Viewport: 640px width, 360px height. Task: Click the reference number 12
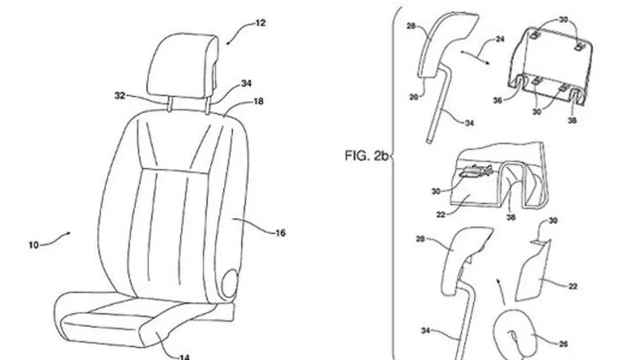[x=259, y=23]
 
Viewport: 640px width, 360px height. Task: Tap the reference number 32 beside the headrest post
[x=120, y=95]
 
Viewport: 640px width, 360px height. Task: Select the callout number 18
[x=258, y=101]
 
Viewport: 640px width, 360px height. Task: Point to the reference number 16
[x=280, y=233]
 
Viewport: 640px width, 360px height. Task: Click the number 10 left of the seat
[x=33, y=245]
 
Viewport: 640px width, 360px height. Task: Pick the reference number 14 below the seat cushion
[x=184, y=357]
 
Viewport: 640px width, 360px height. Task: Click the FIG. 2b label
[x=367, y=155]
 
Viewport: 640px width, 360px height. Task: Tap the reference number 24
[x=499, y=39]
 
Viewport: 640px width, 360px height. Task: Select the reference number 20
[x=413, y=97]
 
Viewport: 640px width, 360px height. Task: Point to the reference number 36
[x=497, y=100]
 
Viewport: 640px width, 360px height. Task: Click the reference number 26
[x=563, y=344]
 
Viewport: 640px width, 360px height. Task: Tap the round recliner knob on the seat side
[x=229, y=283]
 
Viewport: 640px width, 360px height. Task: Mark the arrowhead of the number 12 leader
[x=227, y=43]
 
